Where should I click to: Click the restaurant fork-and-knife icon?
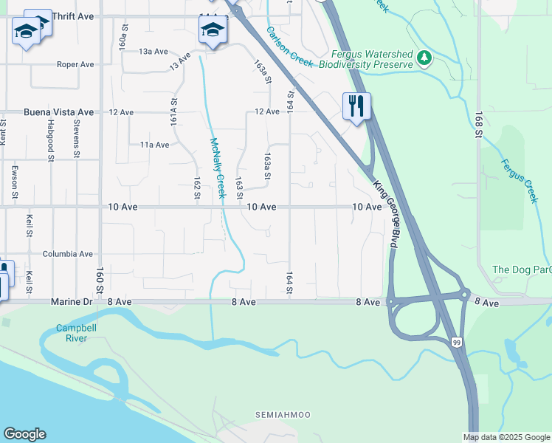356,106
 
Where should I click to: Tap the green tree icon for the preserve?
424,58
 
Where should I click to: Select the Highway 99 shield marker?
457,341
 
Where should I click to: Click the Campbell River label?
72,332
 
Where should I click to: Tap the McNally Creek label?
218,168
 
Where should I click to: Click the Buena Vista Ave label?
59,112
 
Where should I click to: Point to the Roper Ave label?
76,65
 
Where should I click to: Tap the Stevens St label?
77,140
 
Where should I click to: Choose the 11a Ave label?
154,145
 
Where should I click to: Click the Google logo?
24,434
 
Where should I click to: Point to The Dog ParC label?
521,269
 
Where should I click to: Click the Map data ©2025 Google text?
506,437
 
